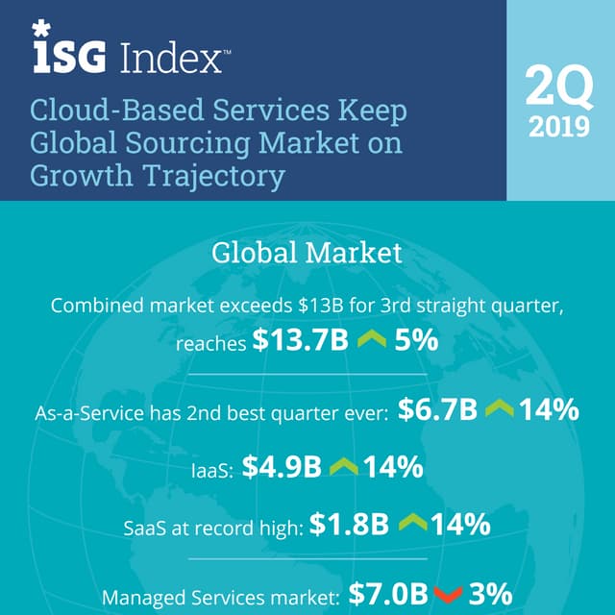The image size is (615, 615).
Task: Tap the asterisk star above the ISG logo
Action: (x=41, y=30)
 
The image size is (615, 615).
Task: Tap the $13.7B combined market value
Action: (x=300, y=342)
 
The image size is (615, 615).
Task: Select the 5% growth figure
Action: (x=414, y=342)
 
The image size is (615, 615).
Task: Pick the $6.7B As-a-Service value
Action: (x=436, y=411)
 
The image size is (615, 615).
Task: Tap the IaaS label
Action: (x=211, y=470)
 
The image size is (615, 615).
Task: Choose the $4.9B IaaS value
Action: (x=281, y=468)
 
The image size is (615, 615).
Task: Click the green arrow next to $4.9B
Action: (x=344, y=469)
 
